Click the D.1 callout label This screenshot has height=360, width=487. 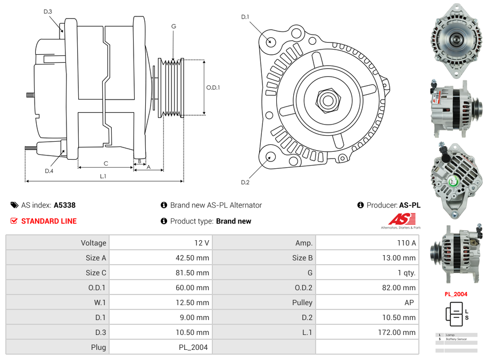(x=245, y=17)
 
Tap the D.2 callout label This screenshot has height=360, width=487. (x=245, y=183)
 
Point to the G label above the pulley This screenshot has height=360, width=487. (x=174, y=26)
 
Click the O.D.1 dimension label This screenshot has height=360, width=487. (x=213, y=88)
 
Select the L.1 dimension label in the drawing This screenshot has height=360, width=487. (x=103, y=176)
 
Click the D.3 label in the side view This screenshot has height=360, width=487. (x=48, y=12)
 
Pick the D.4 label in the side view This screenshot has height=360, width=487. (x=49, y=171)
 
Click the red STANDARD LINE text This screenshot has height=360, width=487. (x=49, y=221)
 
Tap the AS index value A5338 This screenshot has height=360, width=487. (x=65, y=205)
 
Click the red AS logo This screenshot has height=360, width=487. (x=401, y=219)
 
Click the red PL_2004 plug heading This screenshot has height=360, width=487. (x=456, y=294)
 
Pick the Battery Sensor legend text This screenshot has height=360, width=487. (x=457, y=339)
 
